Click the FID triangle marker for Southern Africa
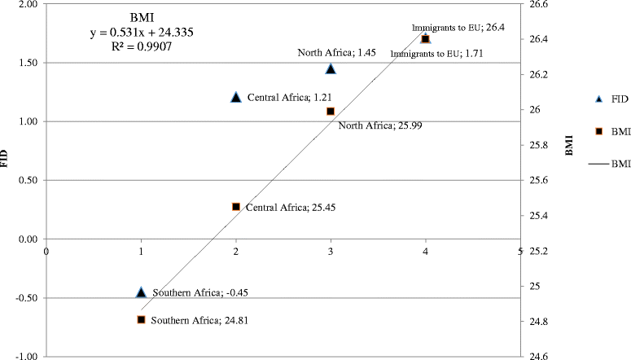tap(141, 292)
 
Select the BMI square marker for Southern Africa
tap(141, 319)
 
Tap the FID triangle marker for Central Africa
tap(236, 97)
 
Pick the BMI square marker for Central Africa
tap(236, 207)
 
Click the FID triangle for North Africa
tap(331, 68)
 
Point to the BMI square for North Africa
tap(331, 111)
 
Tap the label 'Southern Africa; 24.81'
tap(188, 320)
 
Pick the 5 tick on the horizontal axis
tap(519, 251)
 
